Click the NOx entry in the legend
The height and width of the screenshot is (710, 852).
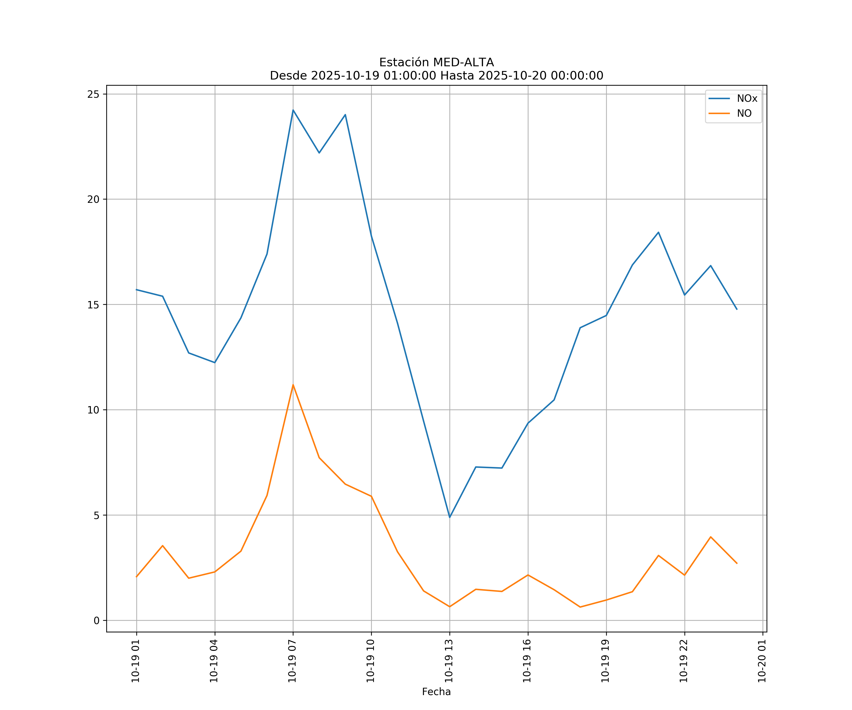[746, 99]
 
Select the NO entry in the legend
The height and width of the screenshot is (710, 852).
[744, 114]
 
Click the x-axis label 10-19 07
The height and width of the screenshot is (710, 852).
[292, 661]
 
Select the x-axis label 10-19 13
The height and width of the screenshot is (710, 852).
[449, 661]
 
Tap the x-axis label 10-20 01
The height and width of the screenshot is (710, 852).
[762, 661]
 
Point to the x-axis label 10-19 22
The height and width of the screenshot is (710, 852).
[684, 661]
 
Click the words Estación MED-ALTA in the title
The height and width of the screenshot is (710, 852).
[436, 62]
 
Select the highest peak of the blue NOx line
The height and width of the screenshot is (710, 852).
[293, 110]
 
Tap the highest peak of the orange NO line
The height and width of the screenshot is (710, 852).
[293, 385]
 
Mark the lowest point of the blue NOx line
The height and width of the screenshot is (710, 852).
[449, 517]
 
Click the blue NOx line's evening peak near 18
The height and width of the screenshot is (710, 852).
[658, 232]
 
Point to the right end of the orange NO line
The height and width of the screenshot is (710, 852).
[737, 564]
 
